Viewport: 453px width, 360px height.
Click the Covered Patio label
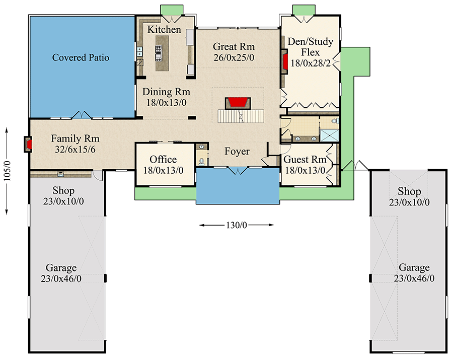81,57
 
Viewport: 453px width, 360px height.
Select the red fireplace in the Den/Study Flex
285,61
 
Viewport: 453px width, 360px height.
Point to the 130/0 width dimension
236,225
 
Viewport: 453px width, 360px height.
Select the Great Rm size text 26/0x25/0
233,57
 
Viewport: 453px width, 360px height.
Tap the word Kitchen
164,30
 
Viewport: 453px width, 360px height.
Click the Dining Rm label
166,92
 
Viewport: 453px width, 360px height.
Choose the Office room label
163,160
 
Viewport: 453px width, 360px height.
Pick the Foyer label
237,152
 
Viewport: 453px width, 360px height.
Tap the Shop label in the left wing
63,191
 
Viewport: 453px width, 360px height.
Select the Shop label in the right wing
409,191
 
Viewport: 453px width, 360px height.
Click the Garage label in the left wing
61,268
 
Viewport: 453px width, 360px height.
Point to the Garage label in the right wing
414,268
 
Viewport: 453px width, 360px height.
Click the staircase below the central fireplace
241,117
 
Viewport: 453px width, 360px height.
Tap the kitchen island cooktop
159,50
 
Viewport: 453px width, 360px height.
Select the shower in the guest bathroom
330,135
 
